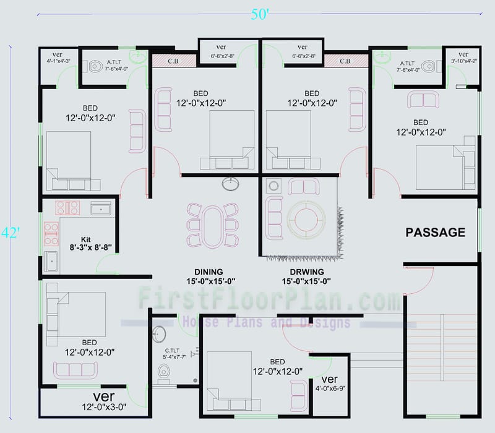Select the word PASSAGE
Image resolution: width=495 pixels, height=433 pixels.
pos(435,233)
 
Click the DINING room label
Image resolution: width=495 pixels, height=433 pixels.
pos(209,272)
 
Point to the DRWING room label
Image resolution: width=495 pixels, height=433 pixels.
pos(307,272)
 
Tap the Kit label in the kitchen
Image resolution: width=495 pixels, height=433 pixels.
pos(86,239)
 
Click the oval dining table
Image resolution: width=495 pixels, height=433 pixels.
pos(214,225)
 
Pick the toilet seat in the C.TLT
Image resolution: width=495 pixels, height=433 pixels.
pos(164,372)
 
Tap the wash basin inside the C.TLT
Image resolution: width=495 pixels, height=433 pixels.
pos(159,334)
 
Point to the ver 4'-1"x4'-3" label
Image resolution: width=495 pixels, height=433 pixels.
pos(58,57)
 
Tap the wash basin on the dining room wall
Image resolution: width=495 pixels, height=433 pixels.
pos(231,184)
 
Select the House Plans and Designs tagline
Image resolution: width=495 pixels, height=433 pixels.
pos(266,322)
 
